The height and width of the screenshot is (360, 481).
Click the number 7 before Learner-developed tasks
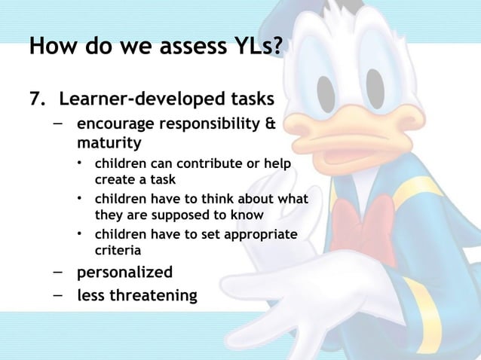(x=34, y=99)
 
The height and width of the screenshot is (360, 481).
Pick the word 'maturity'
(x=109, y=142)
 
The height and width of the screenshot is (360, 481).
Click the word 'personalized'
(x=124, y=272)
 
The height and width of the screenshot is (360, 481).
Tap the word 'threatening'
(x=154, y=296)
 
